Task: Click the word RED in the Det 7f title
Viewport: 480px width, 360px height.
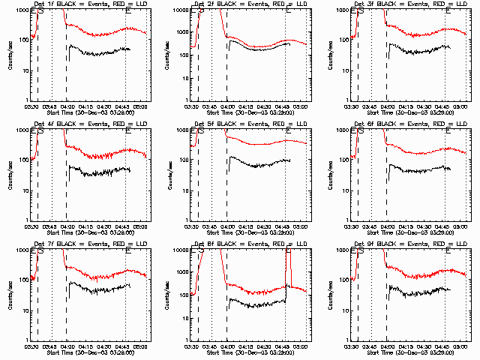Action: pyautogui.click(x=115, y=244)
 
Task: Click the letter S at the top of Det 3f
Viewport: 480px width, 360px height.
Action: pyautogui.click(x=361, y=12)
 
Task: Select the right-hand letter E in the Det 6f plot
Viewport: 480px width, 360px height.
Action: pyautogui.click(x=448, y=131)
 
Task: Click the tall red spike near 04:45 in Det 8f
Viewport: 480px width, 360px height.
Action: pyautogui.click(x=290, y=270)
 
